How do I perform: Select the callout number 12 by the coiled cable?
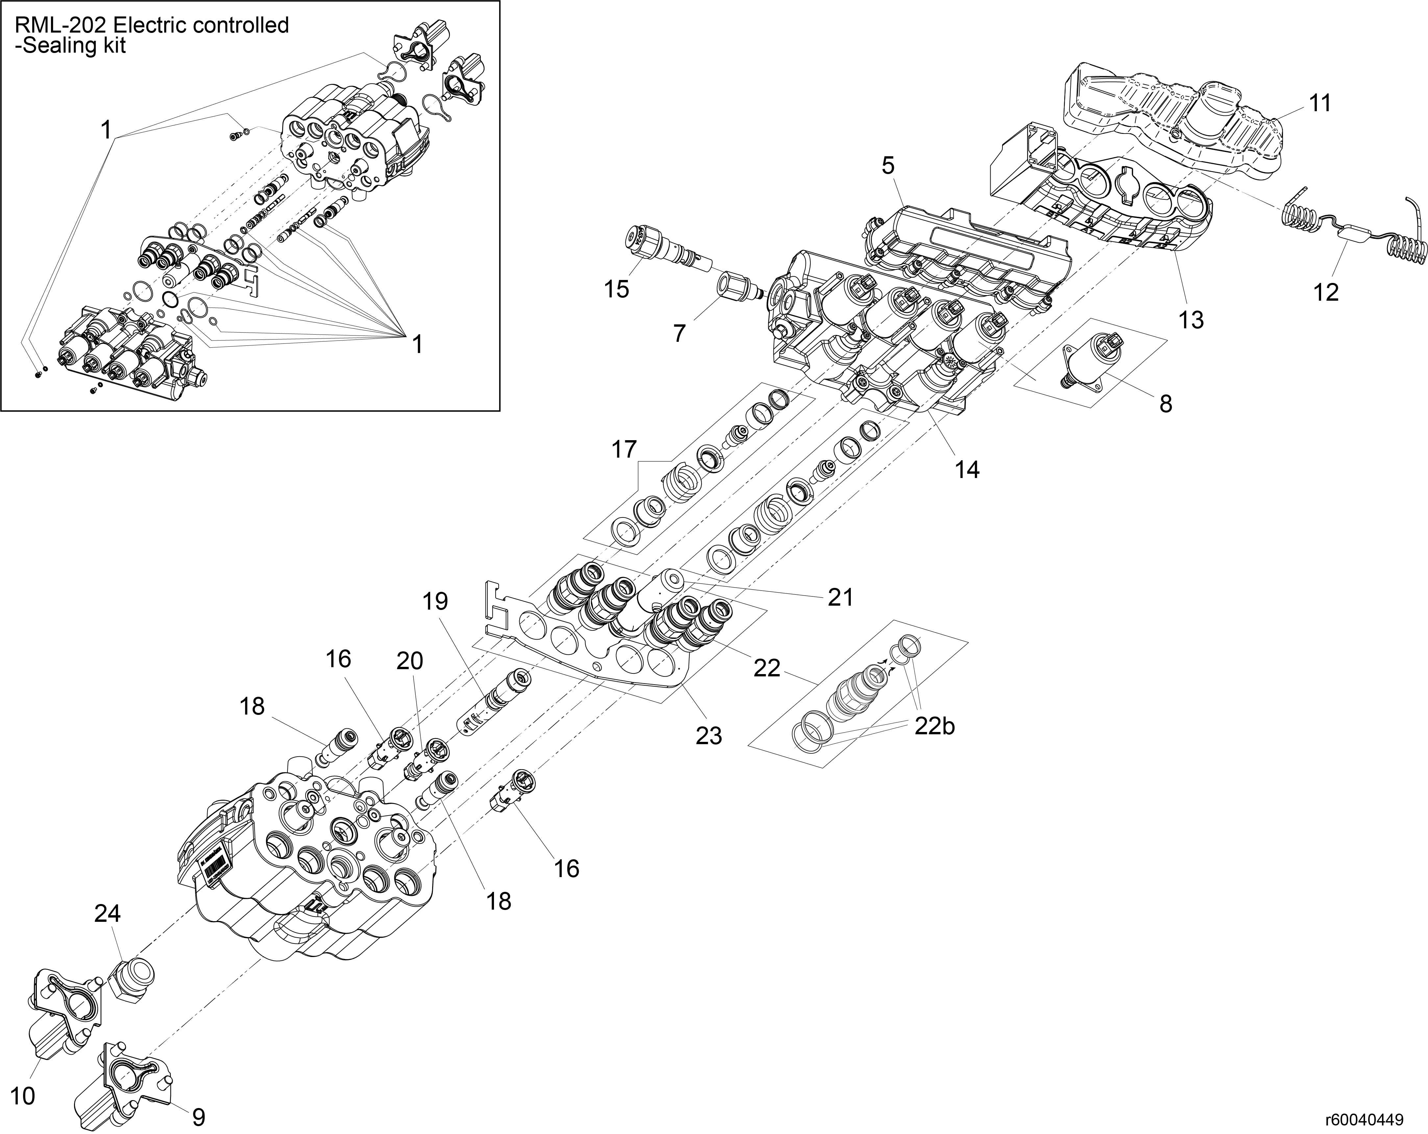[1325, 292]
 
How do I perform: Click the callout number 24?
[107, 914]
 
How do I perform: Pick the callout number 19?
[435, 601]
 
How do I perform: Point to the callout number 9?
[198, 1118]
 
